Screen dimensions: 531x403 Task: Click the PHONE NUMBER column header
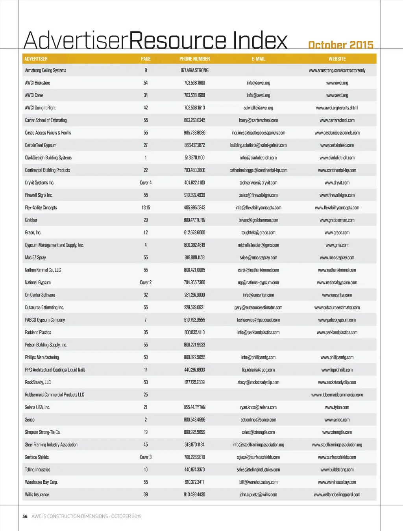pyautogui.click(x=194, y=59)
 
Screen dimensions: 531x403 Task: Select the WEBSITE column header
pyautogui.click(x=337, y=59)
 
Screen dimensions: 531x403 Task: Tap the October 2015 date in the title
pyautogui.click(x=340, y=45)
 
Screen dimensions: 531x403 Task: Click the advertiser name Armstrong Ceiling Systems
pyautogui.click(x=45, y=70)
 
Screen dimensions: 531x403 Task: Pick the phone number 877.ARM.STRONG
pyautogui.click(x=194, y=70)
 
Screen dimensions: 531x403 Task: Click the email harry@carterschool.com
pyautogui.click(x=258, y=120)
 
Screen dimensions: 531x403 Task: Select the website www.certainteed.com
pyautogui.click(x=337, y=145)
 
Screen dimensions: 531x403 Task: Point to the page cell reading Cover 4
pyautogui.click(x=146, y=183)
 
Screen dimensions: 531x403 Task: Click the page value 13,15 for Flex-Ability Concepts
pyautogui.click(x=146, y=208)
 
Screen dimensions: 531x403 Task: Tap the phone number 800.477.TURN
pyautogui.click(x=194, y=220)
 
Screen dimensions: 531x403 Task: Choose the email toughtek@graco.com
pyautogui.click(x=258, y=233)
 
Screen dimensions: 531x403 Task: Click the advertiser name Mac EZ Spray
pyautogui.click(x=35, y=258)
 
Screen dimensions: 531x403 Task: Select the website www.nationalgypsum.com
pyautogui.click(x=337, y=283)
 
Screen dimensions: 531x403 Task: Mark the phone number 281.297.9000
pyautogui.click(x=194, y=295)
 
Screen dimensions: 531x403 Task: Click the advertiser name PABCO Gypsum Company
pyautogui.click(x=45, y=320)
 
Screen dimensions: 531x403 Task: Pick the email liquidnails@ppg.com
pyautogui.click(x=258, y=370)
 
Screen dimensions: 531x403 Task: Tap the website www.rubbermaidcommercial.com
pyautogui.click(x=337, y=395)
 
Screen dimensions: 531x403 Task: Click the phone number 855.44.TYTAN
pyautogui.click(x=194, y=407)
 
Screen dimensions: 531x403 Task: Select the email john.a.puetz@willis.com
pyautogui.click(x=258, y=495)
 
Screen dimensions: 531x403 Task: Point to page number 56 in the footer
pyautogui.click(x=25, y=516)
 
